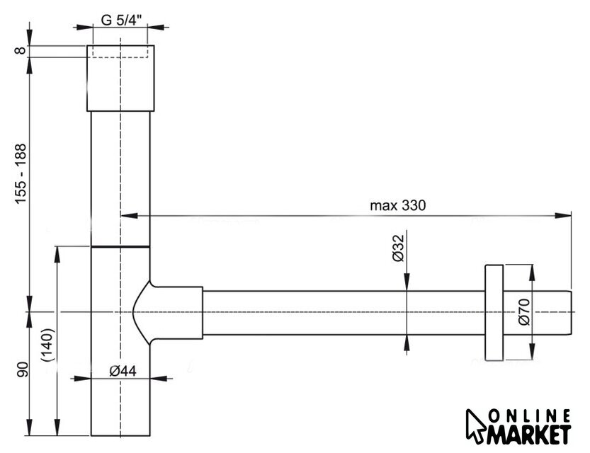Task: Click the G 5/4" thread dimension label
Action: tap(122, 20)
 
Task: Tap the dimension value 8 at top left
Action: tap(21, 50)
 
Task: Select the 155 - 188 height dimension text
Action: tap(21, 173)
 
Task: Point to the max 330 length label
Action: tap(398, 206)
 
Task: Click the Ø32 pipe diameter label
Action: tap(398, 248)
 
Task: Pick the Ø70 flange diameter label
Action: tap(524, 311)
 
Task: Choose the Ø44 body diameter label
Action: tap(123, 371)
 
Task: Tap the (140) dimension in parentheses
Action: tap(49, 345)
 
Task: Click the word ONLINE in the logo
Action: tap(530, 416)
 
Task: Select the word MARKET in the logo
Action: tap(529, 435)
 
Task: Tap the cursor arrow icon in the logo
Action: tap(475, 426)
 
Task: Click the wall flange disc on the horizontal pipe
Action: tap(494, 312)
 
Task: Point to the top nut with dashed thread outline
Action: tap(120, 78)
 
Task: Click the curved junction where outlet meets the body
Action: tap(142, 312)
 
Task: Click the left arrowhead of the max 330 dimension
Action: tap(128, 215)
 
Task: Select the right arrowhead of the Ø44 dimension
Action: tap(158, 378)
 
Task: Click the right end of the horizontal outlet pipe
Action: tap(572, 313)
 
